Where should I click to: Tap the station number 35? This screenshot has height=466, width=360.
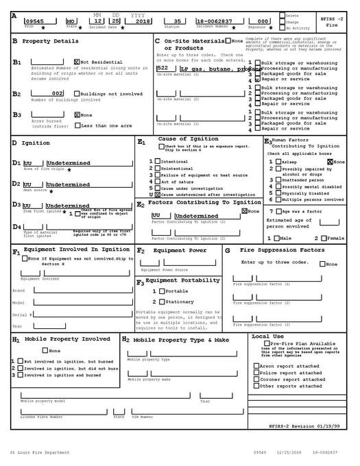178,21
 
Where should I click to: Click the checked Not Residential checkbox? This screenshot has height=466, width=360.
76,62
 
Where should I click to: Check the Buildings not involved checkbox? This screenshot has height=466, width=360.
76,93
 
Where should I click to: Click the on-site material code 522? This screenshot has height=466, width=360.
163,69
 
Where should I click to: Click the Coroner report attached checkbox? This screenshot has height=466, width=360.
256,379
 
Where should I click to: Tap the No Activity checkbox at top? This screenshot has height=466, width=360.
281,28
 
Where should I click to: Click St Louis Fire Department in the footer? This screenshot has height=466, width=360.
39,452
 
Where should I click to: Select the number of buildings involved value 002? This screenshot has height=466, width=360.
58,93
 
